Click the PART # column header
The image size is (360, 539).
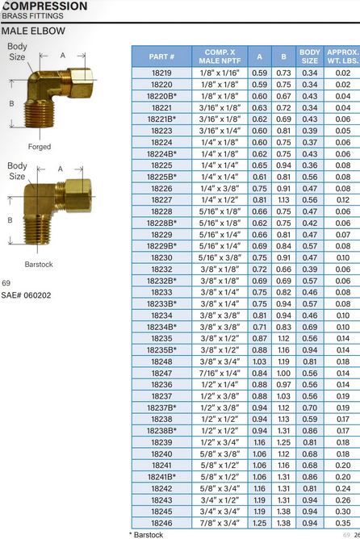click(x=161, y=56)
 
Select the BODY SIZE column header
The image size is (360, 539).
click(x=309, y=56)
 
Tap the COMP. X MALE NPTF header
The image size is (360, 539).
click(x=220, y=56)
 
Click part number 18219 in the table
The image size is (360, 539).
click(x=161, y=73)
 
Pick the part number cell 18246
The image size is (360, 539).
click(x=161, y=523)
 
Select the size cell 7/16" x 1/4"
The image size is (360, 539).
click(x=220, y=374)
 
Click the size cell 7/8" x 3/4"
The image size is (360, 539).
click(x=220, y=523)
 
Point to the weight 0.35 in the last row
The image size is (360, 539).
click(x=343, y=523)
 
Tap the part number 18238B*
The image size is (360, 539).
click(x=161, y=431)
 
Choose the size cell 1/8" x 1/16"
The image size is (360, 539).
click(x=220, y=73)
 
